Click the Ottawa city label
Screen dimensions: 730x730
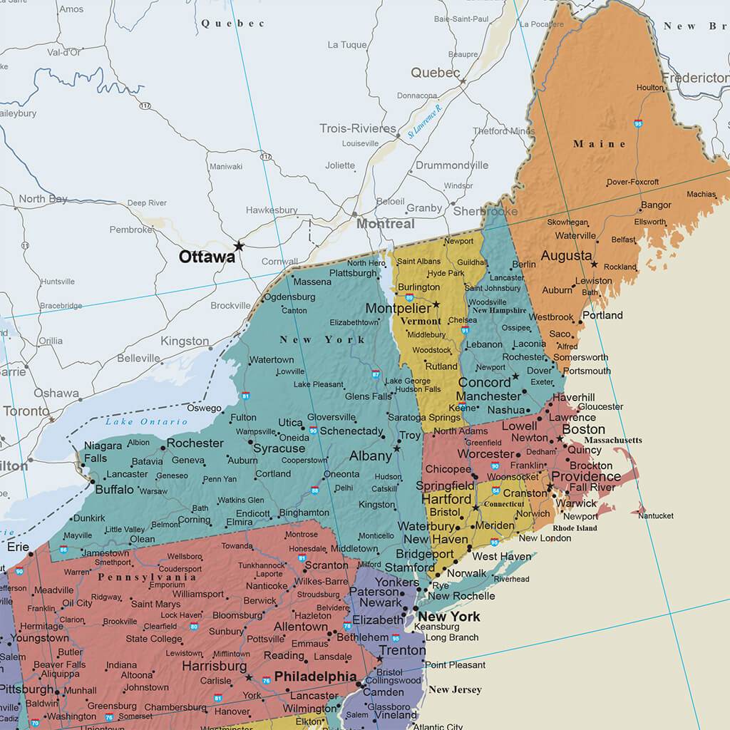point(207,257)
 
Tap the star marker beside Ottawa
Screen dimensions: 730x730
point(239,246)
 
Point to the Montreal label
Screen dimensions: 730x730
point(385,224)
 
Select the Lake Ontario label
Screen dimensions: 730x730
point(136,422)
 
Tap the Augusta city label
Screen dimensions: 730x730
point(566,256)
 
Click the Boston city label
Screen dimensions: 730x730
point(583,430)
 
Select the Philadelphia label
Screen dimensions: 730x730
point(315,676)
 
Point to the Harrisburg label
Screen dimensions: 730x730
point(214,666)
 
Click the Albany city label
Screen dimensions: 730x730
point(370,456)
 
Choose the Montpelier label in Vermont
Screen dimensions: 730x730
point(398,309)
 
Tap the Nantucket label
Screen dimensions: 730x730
point(655,515)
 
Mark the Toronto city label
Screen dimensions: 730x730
point(26,411)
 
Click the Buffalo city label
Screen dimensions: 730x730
point(114,490)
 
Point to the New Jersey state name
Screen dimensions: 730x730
point(455,689)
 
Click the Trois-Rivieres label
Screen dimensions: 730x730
point(357,128)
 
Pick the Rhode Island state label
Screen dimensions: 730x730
point(575,528)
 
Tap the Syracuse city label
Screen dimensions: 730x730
point(279,448)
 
